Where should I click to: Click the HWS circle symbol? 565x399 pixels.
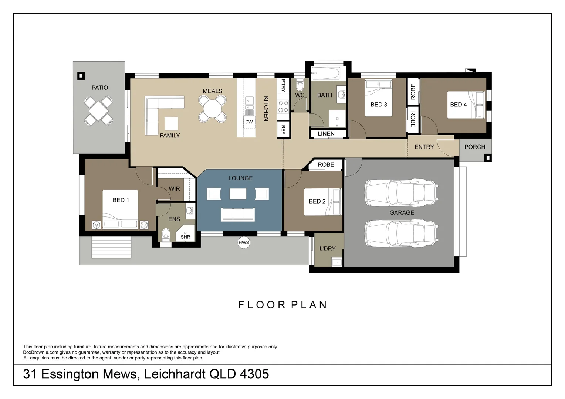[x=244, y=243]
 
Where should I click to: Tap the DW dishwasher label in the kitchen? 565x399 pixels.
[x=249, y=122]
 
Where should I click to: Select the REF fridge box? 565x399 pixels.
[x=283, y=130]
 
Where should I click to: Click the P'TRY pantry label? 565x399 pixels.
[x=283, y=85]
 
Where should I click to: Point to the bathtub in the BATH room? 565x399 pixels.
[x=325, y=73]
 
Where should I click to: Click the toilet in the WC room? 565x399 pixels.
[x=300, y=85]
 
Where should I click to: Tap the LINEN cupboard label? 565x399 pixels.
[x=326, y=134]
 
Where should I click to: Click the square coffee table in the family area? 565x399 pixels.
[x=171, y=123]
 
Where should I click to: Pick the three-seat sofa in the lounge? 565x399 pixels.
[x=238, y=214]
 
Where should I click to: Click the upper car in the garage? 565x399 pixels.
[x=401, y=192]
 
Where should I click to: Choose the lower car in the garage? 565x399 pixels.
[x=401, y=233]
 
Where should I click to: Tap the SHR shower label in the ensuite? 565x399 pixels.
[x=185, y=237]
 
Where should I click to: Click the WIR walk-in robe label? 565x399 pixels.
[x=174, y=189]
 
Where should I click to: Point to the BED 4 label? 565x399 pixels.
[x=458, y=105]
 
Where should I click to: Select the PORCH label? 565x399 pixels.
[x=475, y=147]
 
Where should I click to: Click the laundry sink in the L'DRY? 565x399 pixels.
[x=337, y=262]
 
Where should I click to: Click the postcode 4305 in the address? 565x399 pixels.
[x=254, y=374]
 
